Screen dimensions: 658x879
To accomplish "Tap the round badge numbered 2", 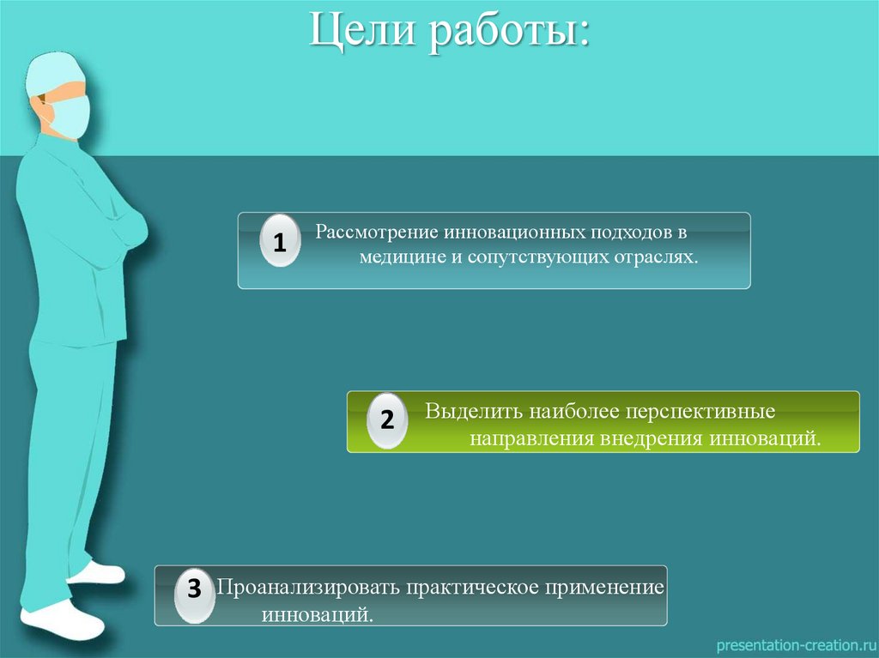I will [x=387, y=420].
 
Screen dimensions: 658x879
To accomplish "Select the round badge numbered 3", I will [x=195, y=589].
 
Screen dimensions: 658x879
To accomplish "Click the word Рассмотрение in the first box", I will [x=377, y=233].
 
